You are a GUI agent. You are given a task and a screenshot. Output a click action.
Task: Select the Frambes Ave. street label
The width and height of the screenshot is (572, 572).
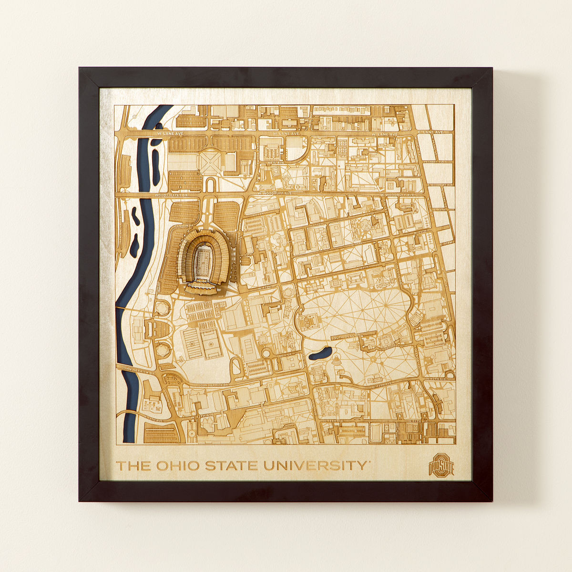click(441, 162)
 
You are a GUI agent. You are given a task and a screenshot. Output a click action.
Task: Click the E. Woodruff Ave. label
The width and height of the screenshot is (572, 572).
click(439, 184)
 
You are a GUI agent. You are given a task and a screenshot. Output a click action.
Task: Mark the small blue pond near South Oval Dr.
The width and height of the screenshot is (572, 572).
click(320, 354)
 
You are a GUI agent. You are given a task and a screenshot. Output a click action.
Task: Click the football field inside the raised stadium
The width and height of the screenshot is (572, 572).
click(204, 259)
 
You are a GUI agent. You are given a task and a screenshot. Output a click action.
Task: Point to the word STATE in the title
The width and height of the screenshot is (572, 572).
click(232, 466)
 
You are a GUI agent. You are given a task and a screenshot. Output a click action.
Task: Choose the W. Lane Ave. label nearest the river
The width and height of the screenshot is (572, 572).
click(166, 135)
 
